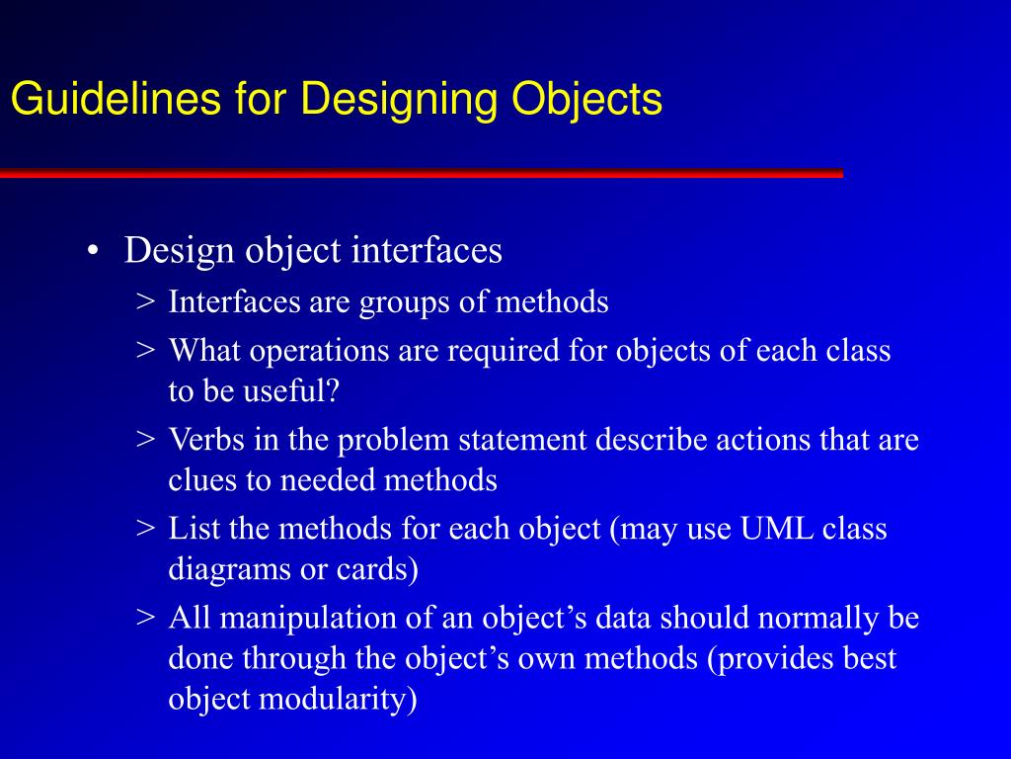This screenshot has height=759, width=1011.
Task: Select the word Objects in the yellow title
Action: coord(587,100)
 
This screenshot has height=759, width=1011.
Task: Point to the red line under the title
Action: coord(421,174)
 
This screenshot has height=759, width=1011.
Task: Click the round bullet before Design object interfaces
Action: coord(92,252)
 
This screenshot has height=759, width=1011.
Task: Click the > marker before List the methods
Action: coord(145,530)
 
